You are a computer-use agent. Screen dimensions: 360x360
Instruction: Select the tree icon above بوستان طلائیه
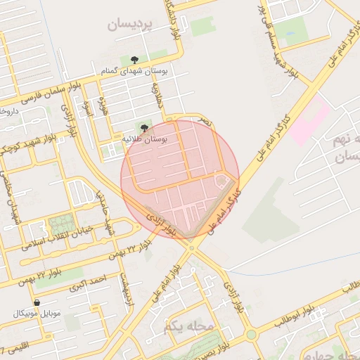pyautogui.click(x=144, y=127)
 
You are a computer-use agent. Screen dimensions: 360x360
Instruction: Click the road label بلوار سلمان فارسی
pyautogui.click(x=52, y=92)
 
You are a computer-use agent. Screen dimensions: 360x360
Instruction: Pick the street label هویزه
pyautogui.click(x=103, y=107)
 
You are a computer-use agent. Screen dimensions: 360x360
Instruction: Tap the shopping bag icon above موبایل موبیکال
pyautogui.click(x=36, y=302)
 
